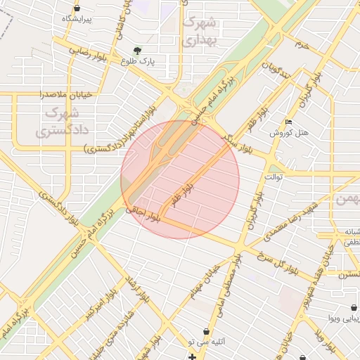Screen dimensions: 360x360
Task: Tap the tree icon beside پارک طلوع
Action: [137, 51]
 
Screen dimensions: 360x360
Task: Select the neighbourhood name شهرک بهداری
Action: [200, 31]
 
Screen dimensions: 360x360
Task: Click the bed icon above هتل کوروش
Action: [289, 123]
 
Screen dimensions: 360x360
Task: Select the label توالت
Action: [274, 176]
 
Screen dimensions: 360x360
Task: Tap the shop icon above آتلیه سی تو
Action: [205, 330]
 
